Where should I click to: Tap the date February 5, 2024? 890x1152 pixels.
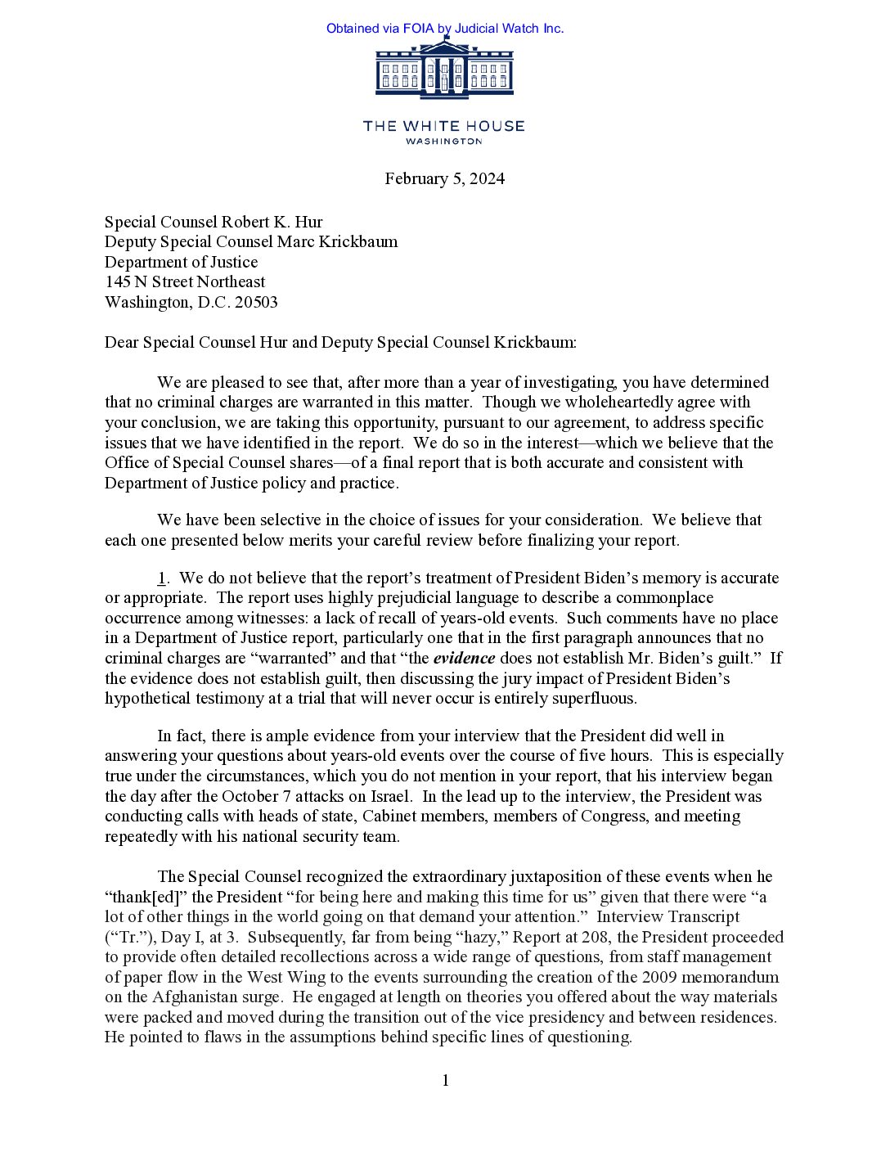(444, 179)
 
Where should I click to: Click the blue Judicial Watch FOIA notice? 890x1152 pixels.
(445, 29)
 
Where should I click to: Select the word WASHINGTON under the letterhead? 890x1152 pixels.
(444, 142)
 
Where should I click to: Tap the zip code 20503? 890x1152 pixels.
(256, 303)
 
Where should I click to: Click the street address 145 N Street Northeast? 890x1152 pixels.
(185, 282)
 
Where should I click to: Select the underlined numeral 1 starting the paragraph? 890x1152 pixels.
(162, 578)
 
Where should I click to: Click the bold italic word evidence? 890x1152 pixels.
(464, 659)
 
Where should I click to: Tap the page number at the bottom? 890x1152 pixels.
(445, 1081)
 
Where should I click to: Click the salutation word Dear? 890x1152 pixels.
(122, 343)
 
